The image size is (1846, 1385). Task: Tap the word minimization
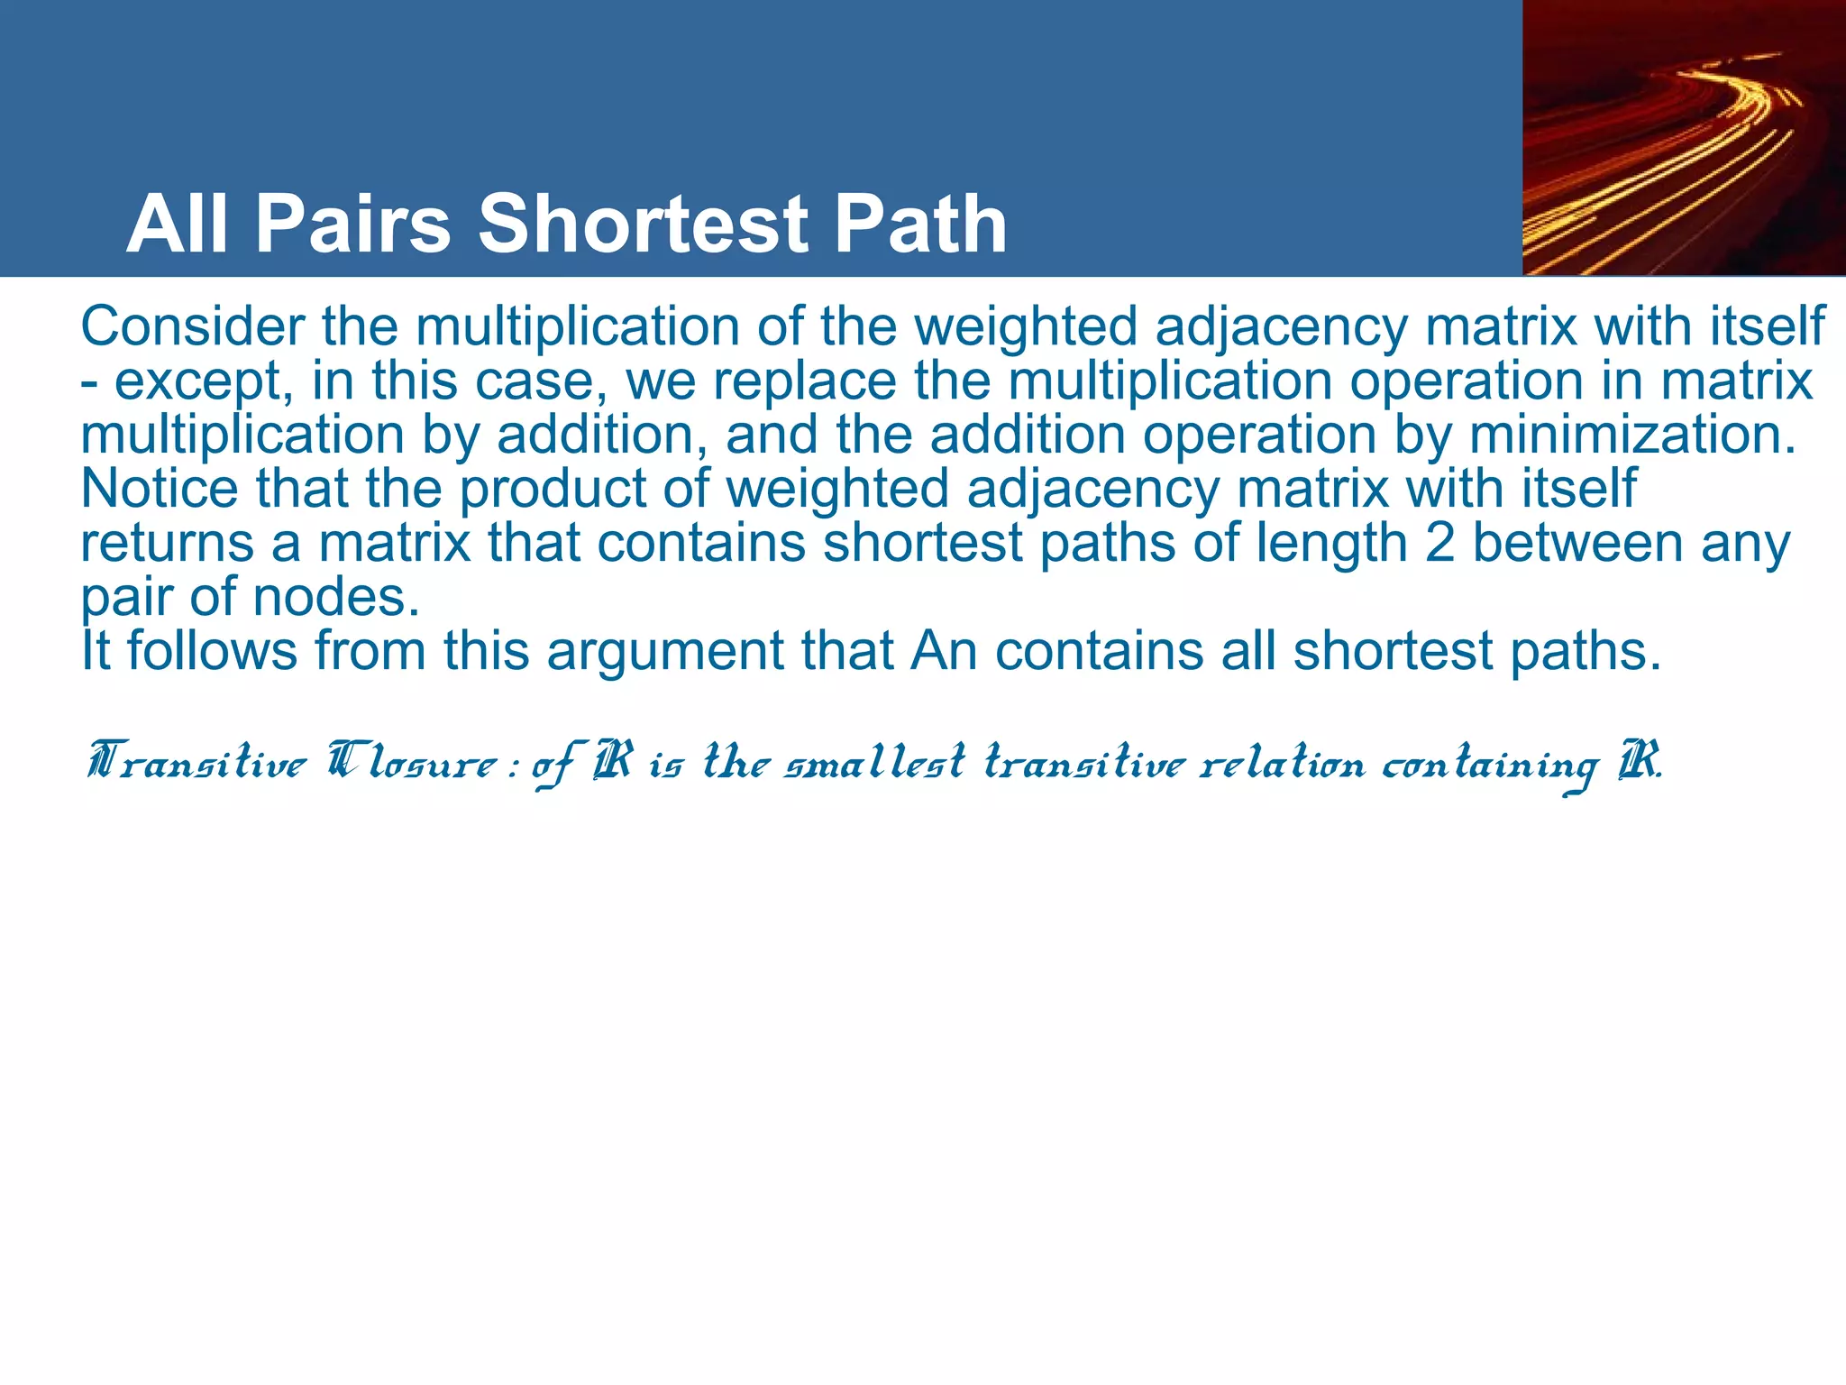pos(1632,435)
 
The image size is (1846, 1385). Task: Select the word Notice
pos(160,489)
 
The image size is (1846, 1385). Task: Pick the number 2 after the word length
pos(1440,543)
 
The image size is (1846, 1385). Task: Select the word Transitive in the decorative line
pos(197,763)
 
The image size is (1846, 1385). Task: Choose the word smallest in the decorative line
pos(875,763)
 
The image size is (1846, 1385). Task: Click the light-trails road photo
pos(1684,137)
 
